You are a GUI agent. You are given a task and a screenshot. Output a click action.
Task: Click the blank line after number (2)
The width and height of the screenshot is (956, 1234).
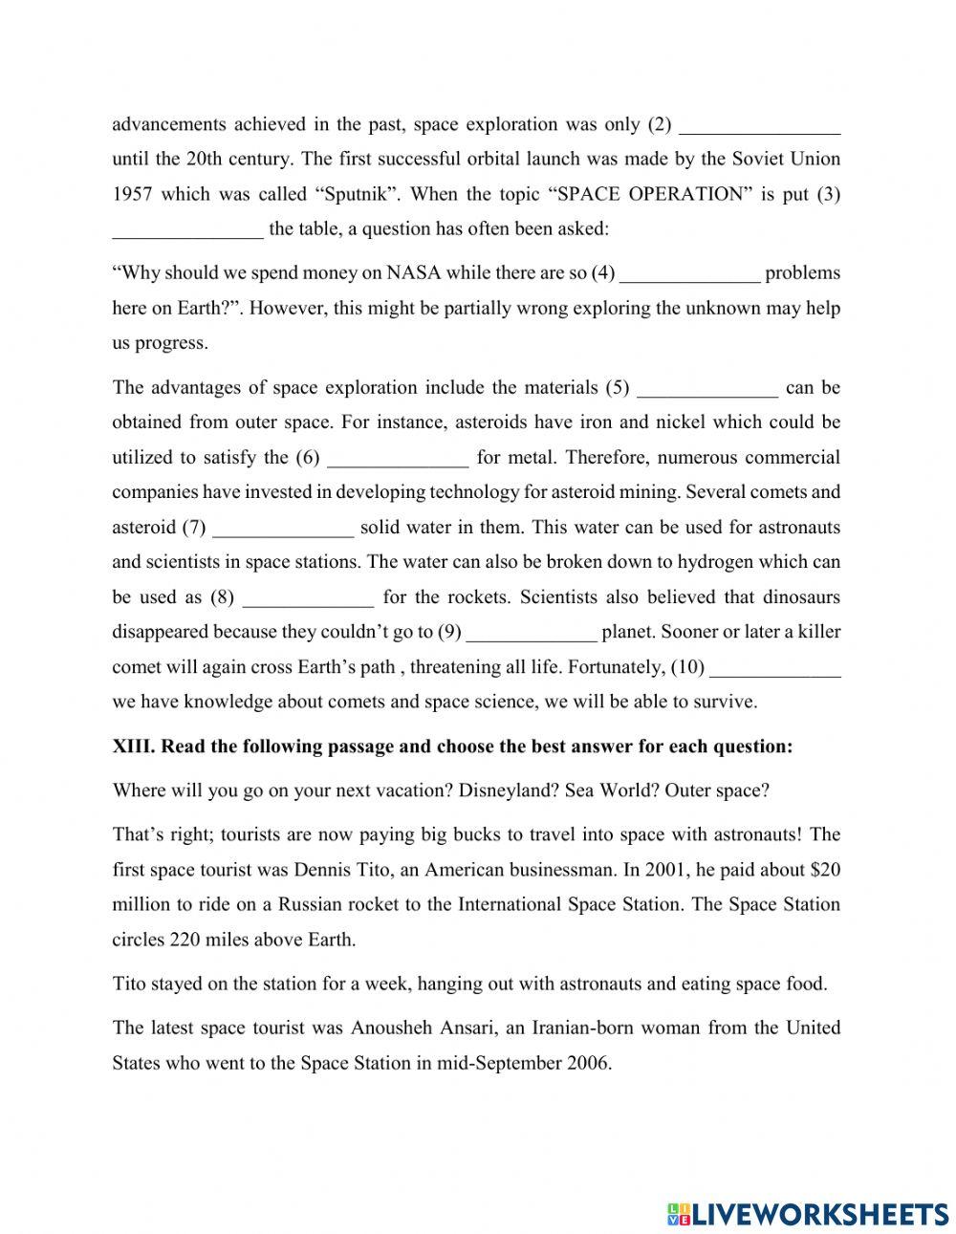(764, 126)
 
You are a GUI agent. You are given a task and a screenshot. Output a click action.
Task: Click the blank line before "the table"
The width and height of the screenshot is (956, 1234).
(187, 230)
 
